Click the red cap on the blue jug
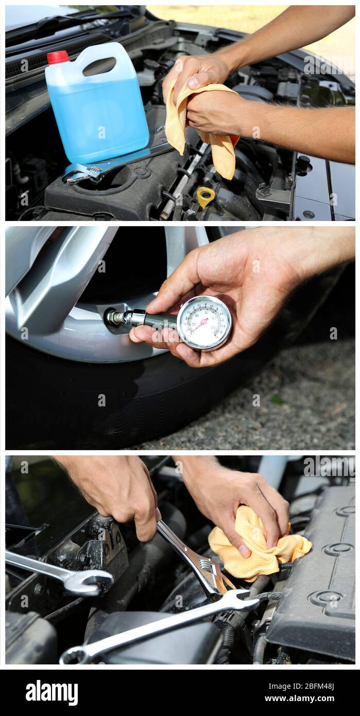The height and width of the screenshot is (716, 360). click(58, 57)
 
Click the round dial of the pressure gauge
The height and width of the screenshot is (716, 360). click(204, 323)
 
